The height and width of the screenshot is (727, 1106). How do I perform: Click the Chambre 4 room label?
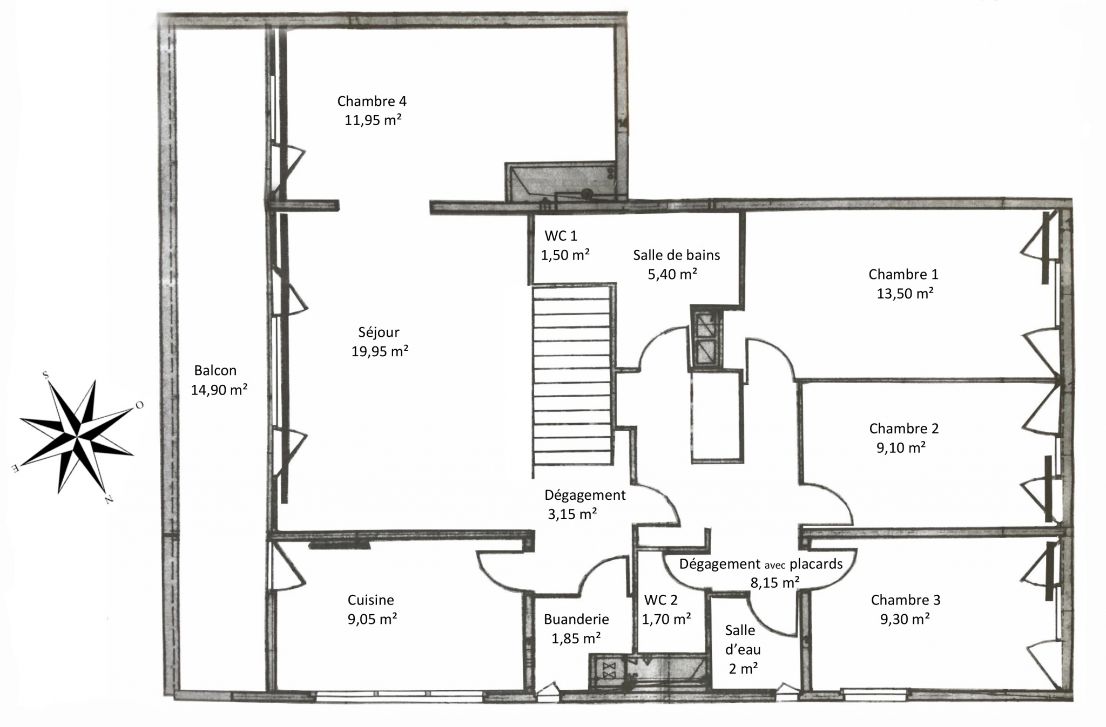pos(372,101)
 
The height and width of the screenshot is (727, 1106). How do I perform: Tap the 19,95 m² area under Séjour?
pos(380,351)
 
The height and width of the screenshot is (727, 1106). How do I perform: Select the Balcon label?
pos(215,370)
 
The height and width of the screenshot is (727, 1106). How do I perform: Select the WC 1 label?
pos(561,235)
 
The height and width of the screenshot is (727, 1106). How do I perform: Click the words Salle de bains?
pos(677,255)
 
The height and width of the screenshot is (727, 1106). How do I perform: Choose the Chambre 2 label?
pos(904,429)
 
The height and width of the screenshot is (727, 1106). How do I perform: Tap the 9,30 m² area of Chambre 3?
pos(905,619)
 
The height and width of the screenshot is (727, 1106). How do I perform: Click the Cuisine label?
pos(371,600)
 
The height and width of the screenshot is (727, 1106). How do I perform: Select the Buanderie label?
pos(576,619)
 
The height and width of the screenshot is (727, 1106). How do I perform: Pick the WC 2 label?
pos(660,600)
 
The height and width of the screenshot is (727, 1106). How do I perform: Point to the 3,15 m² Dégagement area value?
pos(572,514)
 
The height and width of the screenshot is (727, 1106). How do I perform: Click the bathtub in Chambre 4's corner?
pos(562,182)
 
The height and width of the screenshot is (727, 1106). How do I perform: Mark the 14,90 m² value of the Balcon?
pos(219,390)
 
